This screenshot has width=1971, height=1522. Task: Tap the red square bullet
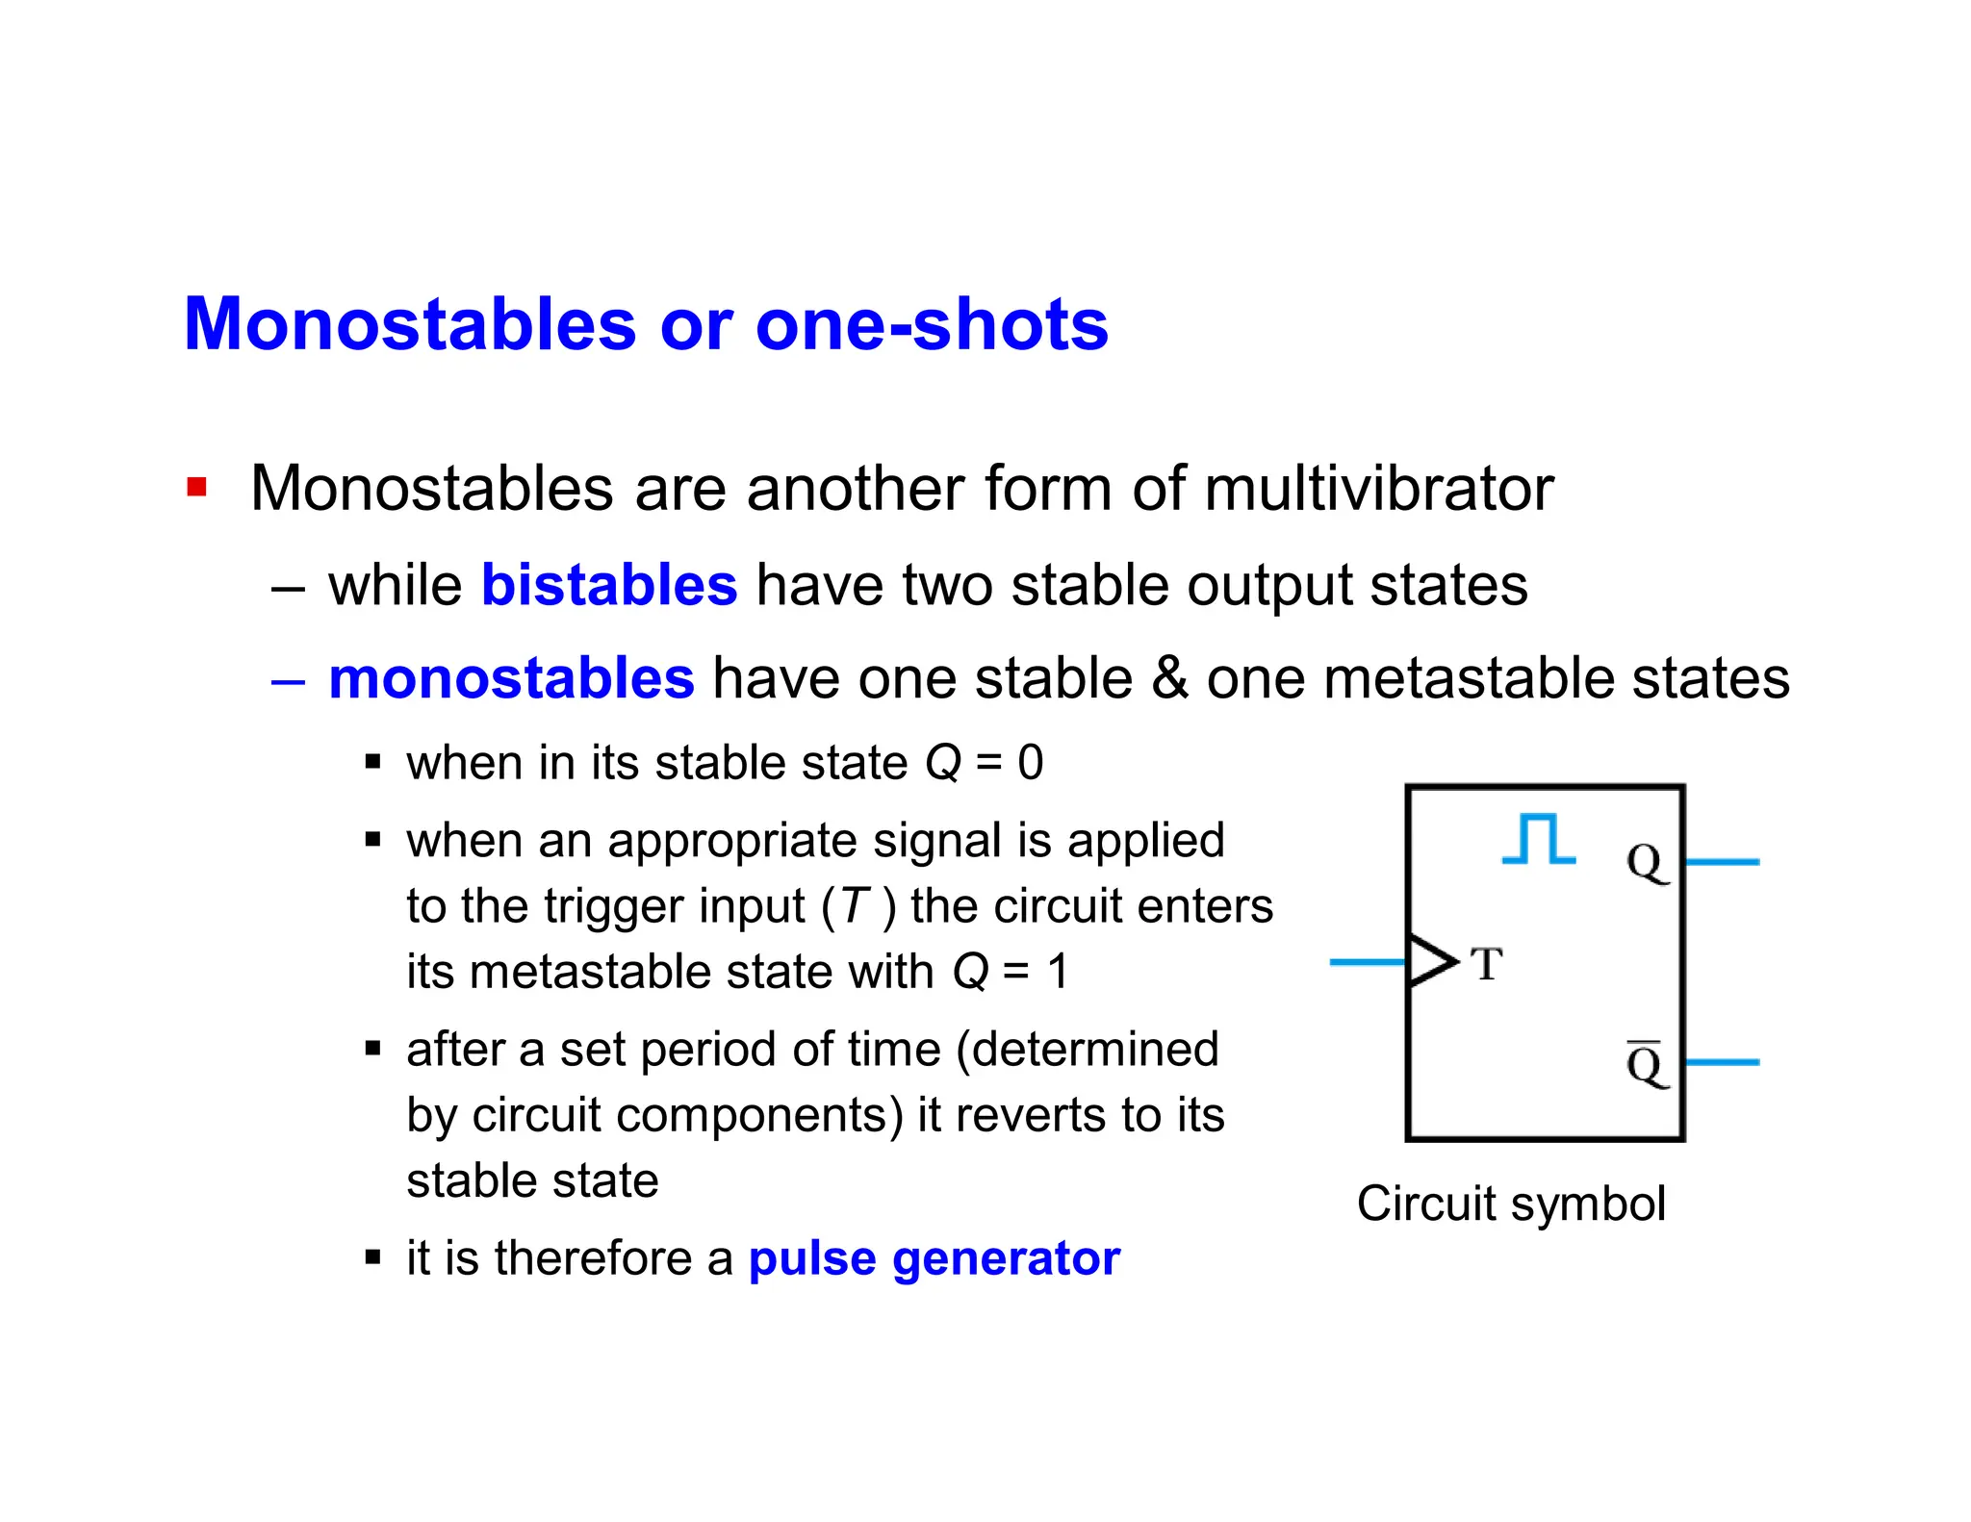pyautogui.click(x=197, y=488)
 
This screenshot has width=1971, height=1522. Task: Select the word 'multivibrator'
pyautogui.click(x=1378, y=489)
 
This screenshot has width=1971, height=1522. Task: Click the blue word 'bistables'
pyautogui.click(x=608, y=585)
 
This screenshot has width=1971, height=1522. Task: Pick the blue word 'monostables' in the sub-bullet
pyautogui.click(x=511, y=678)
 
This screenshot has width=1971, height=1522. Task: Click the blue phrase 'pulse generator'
pyautogui.click(x=934, y=1258)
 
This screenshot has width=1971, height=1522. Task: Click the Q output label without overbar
pyautogui.click(x=1646, y=862)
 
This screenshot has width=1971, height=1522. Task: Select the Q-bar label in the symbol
pyautogui.click(x=1646, y=1064)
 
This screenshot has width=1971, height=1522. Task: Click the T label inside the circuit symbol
pyautogui.click(x=1487, y=964)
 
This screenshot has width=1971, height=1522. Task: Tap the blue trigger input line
pyautogui.click(x=1367, y=961)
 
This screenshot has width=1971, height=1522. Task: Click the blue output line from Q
pyautogui.click(x=1723, y=862)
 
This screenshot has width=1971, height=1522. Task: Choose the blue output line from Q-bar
pyautogui.click(x=1723, y=1062)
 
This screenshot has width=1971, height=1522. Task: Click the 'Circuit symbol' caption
pyautogui.click(x=1511, y=1204)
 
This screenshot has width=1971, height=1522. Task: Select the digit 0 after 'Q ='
pyautogui.click(x=1031, y=763)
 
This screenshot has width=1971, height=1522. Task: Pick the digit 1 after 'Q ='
pyautogui.click(x=1058, y=972)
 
